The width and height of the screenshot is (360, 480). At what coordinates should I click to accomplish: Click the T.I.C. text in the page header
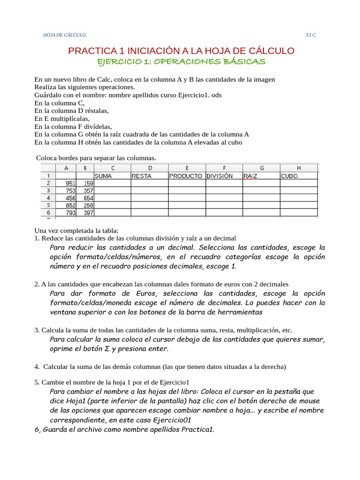click(x=311, y=35)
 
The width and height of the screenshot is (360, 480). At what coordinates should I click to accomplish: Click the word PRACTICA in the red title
click(x=90, y=51)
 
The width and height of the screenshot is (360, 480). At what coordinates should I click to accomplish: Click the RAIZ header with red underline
click(x=251, y=176)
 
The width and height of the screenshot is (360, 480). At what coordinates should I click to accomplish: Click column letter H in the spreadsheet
click(x=299, y=168)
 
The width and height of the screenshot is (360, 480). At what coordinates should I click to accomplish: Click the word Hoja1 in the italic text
click(x=75, y=401)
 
